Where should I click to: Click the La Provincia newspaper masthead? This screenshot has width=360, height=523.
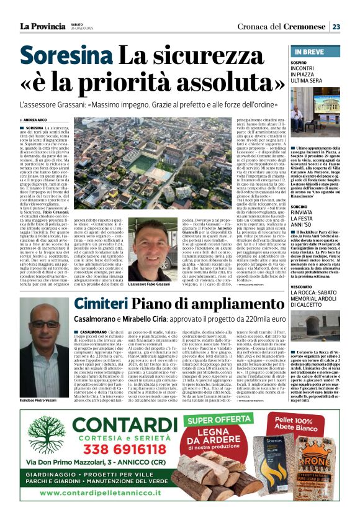coord(42,26)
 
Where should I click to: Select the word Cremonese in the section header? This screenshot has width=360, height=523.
coord(302,27)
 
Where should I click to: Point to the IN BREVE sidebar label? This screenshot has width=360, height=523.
coord(309,52)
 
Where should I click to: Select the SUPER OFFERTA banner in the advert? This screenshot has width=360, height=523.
coord(216,421)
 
